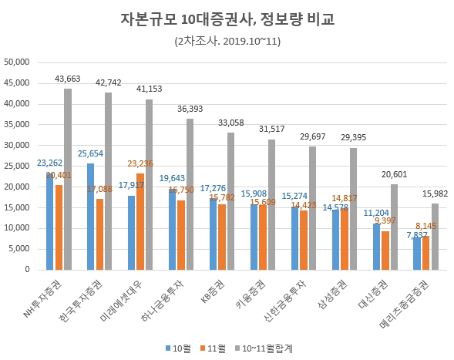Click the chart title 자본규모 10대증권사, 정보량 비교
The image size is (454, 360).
(226, 19)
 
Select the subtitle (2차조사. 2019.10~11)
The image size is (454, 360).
(226, 41)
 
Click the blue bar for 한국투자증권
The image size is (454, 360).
(91, 216)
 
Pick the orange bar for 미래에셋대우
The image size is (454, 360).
(140, 221)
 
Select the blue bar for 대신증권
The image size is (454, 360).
(376, 246)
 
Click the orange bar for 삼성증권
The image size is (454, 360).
(344, 238)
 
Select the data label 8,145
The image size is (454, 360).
(427, 227)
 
